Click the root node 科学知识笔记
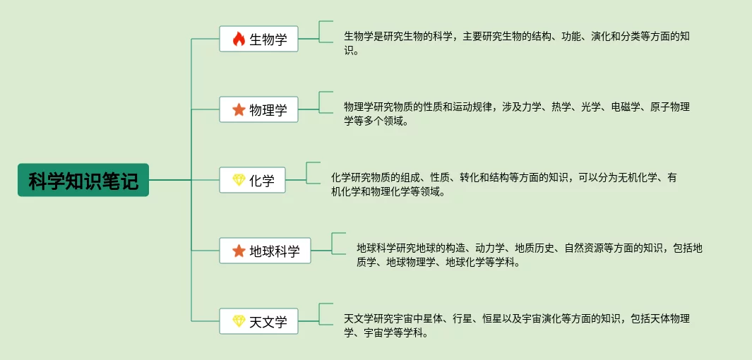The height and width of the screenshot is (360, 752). click(83, 180)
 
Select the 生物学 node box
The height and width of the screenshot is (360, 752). click(258, 39)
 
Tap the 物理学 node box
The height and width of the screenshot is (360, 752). click(258, 109)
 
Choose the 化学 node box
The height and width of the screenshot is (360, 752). click(252, 180)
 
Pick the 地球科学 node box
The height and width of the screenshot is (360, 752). click(265, 251)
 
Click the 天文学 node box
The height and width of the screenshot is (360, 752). click(258, 321)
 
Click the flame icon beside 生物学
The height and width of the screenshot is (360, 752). click(239, 39)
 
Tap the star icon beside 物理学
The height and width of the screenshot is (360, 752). click(239, 109)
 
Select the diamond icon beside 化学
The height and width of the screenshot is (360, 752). click(239, 180)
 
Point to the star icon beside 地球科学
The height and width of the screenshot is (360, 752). click(239, 251)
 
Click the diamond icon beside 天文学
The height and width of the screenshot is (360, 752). click(239, 321)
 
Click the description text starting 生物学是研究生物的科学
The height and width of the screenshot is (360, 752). click(516, 43)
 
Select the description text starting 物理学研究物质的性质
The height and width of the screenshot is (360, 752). click(516, 114)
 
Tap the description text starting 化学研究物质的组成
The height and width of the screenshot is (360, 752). click(503, 184)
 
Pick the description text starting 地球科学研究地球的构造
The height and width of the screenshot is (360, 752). click(529, 255)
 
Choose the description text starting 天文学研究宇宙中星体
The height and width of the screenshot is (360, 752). click(516, 325)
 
